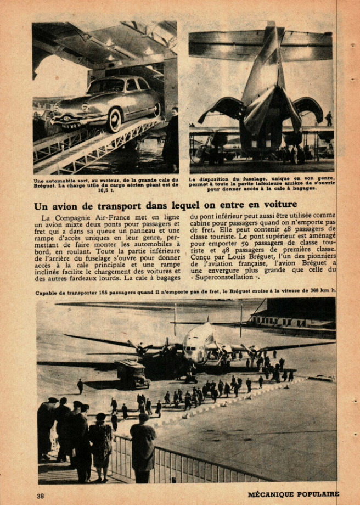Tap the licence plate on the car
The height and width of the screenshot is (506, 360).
coord(71,126)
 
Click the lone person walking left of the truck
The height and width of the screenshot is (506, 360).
coord(80,386)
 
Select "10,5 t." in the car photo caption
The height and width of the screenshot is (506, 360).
coord(103,190)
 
